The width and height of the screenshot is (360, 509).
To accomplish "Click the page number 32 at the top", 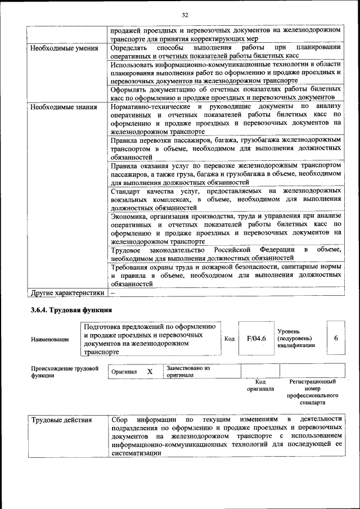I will pyautogui.click(x=184, y=15).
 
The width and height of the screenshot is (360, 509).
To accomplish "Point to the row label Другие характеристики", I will pyautogui.click(x=67, y=293).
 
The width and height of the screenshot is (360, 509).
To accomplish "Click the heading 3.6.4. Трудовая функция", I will pyautogui.click(x=71, y=310).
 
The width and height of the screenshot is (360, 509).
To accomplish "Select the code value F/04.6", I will pyautogui.click(x=256, y=339).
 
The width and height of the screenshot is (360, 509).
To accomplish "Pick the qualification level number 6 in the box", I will pyautogui.click(x=336, y=339).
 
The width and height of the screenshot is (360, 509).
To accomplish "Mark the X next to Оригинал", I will pyautogui.click(x=150, y=372).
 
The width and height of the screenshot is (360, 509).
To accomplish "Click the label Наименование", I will pyautogui.click(x=50, y=339).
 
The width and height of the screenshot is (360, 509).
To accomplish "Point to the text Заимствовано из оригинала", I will pyautogui.click(x=187, y=371).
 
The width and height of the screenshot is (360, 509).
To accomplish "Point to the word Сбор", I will pyautogui.click(x=120, y=420).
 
